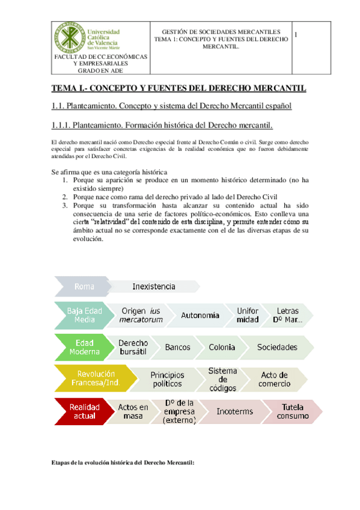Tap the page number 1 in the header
pyautogui.click(x=296, y=35)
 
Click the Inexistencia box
pyautogui.click(x=154, y=287)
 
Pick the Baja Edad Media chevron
pyautogui.click(x=84, y=315)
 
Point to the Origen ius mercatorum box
pyautogui.click(x=142, y=315)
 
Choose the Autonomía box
pyautogui.click(x=200, y=315)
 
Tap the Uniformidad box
pyautogui.click(x=248, y=315)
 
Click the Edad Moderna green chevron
pyautogui.click(x=85, y=347)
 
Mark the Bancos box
pyautogui.click(x=177, y=347)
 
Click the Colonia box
pyautogui.click(x=222, y=347)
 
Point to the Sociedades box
pyautogui.click(x=277, y=347)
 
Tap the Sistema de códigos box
pyautogui.click(x=222, y=379)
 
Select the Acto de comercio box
pyautogui.click(x=274, y=379)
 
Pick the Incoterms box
pyautogui.click(x=230, y=411)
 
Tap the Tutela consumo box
pyautogui.click(x=288, y=411)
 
